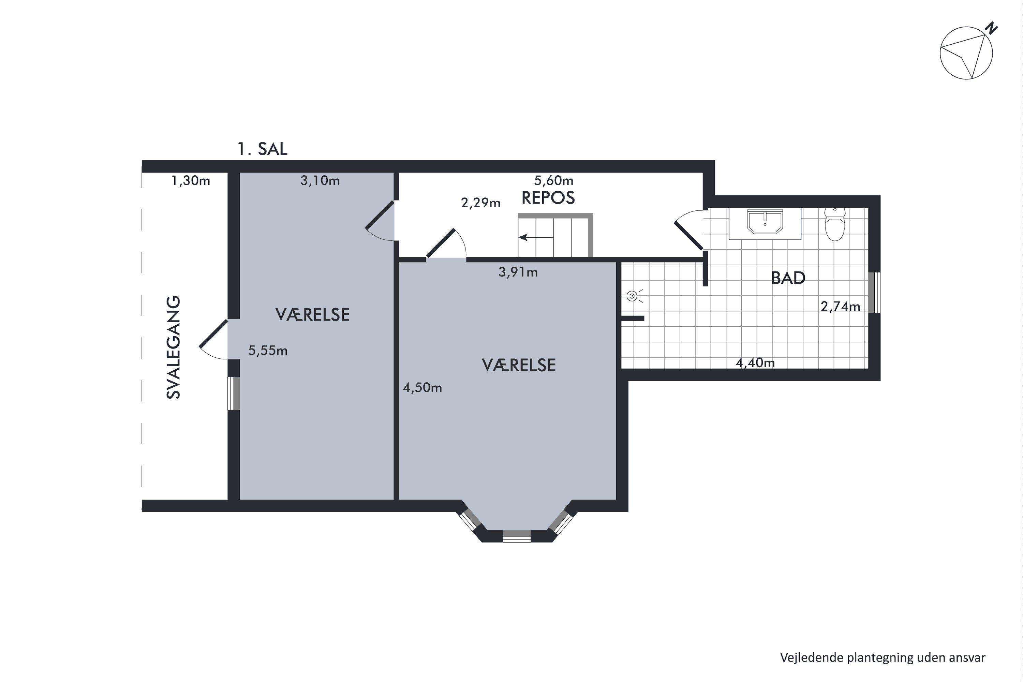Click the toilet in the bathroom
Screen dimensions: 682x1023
point(835,225)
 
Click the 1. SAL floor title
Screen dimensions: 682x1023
point(262,149)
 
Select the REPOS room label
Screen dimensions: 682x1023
point(548,198)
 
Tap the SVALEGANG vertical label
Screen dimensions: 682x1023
point(174,347)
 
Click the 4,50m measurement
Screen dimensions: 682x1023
point(422,387)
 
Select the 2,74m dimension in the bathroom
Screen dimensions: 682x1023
point(840,307)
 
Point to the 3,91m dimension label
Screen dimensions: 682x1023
point(518,272)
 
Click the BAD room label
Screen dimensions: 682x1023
point(788,278)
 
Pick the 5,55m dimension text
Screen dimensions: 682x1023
point(267,351)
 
